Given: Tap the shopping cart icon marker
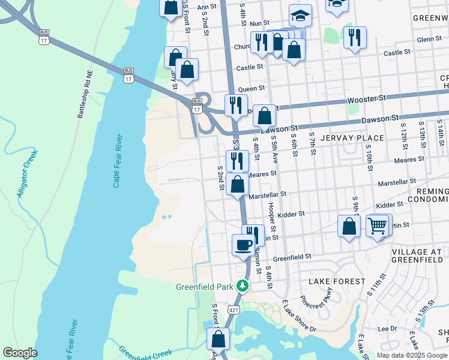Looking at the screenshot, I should point(377,226).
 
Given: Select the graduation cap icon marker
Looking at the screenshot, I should point(300,16).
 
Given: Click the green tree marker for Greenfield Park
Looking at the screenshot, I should point(243,286).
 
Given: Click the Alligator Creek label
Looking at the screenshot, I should point(28,173).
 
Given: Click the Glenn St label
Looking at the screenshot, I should point(429,39).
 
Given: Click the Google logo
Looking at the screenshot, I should point(20,353).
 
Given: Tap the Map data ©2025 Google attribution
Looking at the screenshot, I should point(412,355).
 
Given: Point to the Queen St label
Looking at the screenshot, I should point(252,88).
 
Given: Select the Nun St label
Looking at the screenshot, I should point(259,23).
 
